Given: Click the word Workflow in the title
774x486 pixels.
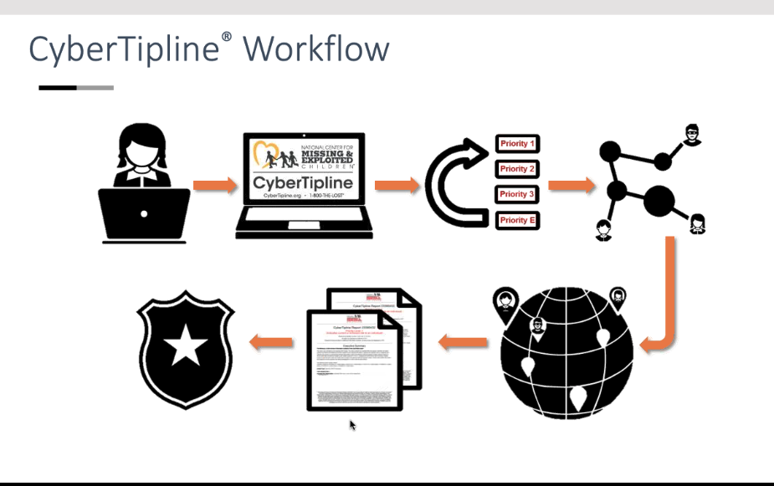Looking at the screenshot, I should click(x=316, y=49).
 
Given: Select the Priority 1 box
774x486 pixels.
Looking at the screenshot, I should click(x=517, y=144).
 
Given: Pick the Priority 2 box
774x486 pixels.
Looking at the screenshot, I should click(x=517, y=169).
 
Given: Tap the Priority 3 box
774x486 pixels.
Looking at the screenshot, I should click(x=517, y=194).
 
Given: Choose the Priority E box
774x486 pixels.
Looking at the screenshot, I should click(x=517, y=220).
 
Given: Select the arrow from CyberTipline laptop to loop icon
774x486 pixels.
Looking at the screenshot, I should click(x=397, y=185).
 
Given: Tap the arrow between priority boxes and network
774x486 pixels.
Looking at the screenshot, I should click(x=569, y=184).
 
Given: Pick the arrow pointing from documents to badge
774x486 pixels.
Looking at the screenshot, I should click(x=271, y=340).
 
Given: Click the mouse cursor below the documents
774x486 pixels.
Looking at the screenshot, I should click(x=352, y=424).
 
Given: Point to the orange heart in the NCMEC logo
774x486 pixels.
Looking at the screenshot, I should click(x=267, y=156).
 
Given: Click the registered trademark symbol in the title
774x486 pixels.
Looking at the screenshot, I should click(x=226, y=38).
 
